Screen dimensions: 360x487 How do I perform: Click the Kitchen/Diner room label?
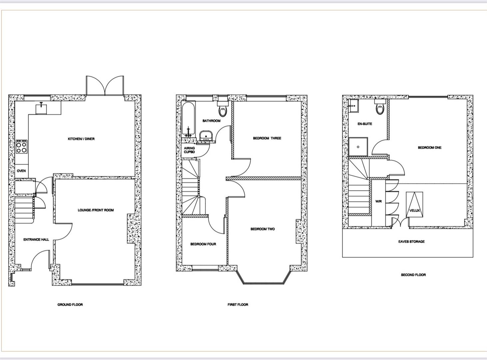(81, 139)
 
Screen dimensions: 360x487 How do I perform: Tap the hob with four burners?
(22, 147)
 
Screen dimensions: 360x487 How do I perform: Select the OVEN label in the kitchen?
(21, 171)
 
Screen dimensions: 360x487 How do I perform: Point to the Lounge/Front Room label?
(96, 210)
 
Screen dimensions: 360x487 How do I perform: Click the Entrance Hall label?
(36, 239)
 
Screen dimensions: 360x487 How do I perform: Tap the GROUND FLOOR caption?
(70, 304)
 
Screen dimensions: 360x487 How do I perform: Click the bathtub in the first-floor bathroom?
(188, 120)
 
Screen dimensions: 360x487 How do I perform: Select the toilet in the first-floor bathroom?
(222, 108)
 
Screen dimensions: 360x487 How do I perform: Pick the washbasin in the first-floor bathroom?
(206, 136)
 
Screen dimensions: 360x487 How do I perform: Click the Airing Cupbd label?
(189, 150)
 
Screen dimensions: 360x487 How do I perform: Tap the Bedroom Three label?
(267, 138)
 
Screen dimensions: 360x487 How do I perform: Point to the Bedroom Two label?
(262, 229)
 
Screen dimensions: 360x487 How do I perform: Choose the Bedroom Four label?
(203, 244)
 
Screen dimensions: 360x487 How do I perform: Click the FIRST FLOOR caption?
(238, 304)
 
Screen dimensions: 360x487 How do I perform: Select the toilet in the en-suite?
(380, 107)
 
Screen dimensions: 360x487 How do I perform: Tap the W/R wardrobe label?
(378, 201)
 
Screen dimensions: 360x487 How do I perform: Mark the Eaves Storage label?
(411, 241)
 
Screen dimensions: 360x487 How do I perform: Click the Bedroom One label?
(430, 147)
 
